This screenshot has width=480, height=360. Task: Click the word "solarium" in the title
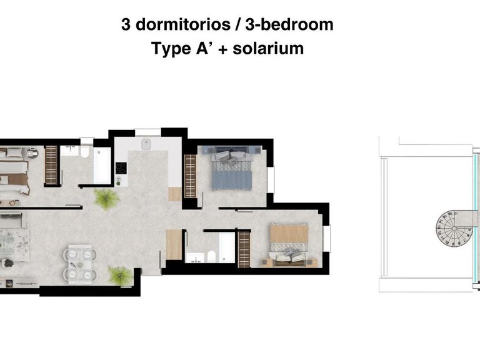pos(268,49)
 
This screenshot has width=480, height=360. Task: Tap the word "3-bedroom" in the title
pos(291,25)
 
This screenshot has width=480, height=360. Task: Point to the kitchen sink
pos(148,144)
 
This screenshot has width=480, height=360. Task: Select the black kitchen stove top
pos(121,169)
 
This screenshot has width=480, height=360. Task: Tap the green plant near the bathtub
pos(106,199)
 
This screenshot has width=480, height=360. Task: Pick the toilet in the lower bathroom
pos(211,256)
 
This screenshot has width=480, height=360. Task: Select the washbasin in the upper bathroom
pos(69,151)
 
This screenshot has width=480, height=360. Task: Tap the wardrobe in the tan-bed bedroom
pos(244,249)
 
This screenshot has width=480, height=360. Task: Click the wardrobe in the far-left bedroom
pos(51,164)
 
